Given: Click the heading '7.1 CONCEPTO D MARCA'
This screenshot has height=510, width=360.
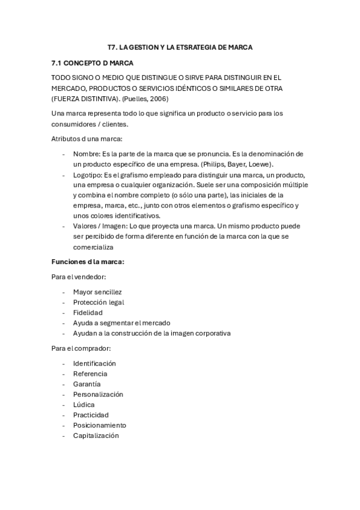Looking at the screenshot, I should click(92, 63).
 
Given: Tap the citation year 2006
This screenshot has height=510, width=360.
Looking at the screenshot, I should click(159, 98).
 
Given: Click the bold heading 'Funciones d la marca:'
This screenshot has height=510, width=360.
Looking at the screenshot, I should click(88, 262).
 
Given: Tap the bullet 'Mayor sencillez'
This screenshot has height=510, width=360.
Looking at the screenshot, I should click(97, 292).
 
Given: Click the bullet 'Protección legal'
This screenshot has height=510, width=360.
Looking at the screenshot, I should click(99, 302).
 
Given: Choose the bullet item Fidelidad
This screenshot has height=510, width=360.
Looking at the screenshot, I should click(88, 312).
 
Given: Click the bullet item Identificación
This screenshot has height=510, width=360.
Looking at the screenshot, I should click(94, 363).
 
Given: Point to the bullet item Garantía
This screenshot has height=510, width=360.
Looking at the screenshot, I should click(87, 384).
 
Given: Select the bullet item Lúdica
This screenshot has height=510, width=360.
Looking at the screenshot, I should click(84, 405).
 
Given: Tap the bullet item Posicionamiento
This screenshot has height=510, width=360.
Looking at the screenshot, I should click(100, 425).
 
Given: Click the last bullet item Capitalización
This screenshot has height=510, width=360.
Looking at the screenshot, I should click(96, 435).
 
